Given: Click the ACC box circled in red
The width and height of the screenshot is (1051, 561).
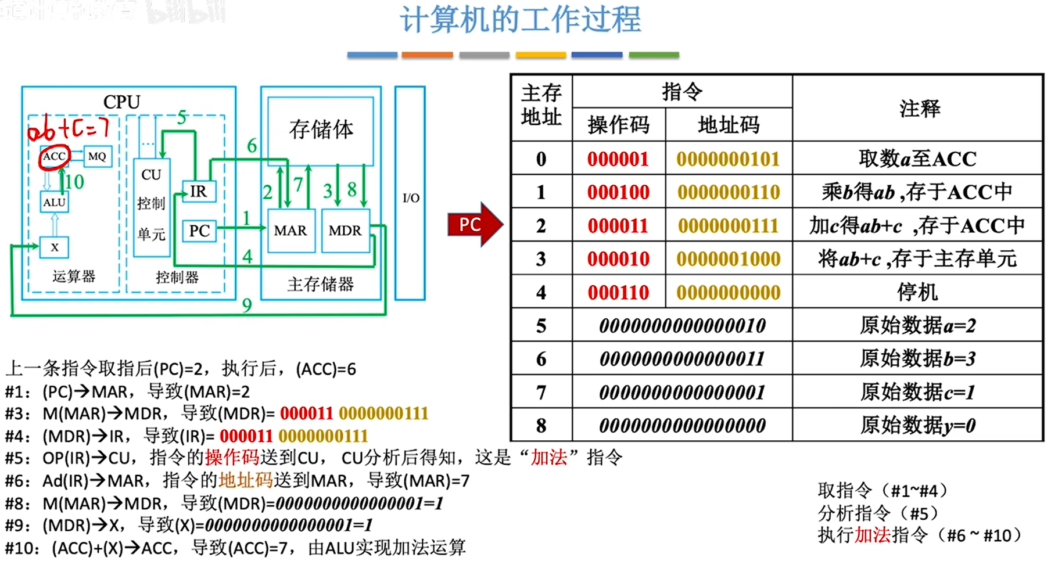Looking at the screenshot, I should click(x=54, y=156).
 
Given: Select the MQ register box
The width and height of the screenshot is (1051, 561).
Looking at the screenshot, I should click(x=97, y=156).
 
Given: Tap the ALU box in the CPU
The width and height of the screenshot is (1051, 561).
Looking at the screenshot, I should click(x=54, y=202).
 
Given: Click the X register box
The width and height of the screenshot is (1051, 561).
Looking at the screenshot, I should click(x=54, y=247).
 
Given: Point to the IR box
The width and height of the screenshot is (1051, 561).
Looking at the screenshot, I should click(x=198, y=191).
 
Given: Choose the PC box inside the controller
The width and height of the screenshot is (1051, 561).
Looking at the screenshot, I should click(x=199, y=231).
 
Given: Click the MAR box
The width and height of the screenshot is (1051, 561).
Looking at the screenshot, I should click(x=290, y=231).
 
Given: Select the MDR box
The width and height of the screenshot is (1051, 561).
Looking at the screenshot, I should click(x=345, y=231).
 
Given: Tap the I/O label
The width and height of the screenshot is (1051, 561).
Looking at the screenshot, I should click(x=411, y=198).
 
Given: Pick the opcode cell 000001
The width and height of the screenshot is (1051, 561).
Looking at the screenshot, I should click(x=618, y=159).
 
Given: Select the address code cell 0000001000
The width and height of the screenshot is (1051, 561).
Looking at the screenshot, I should click(x=728, y=259).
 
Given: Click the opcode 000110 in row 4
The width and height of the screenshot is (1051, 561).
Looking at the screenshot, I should click(x=618, y=292).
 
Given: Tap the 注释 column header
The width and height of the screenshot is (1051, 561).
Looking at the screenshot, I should click(x=919, y=109).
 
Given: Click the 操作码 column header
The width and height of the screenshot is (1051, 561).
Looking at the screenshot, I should click(x=618, y=125).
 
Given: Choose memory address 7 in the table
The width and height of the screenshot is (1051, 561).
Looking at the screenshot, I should click(x=541, y=393).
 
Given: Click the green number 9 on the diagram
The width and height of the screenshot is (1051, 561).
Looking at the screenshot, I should click(x=247, y=305).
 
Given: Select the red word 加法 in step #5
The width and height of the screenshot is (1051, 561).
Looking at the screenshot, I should click(x=548, y=458).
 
